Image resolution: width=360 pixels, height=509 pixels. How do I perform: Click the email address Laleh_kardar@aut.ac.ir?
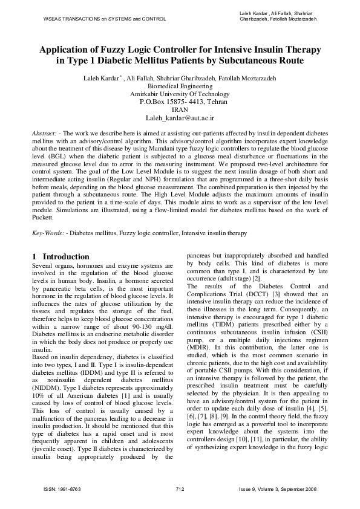tap(180, 120)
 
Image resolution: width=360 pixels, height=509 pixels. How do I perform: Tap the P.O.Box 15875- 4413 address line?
tap(180, 102)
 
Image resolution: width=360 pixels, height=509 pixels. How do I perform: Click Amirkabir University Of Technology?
tap(180, 94)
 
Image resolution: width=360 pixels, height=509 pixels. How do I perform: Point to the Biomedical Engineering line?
tap(180, 86)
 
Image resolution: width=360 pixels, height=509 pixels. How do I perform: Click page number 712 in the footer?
tap(180, 488)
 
